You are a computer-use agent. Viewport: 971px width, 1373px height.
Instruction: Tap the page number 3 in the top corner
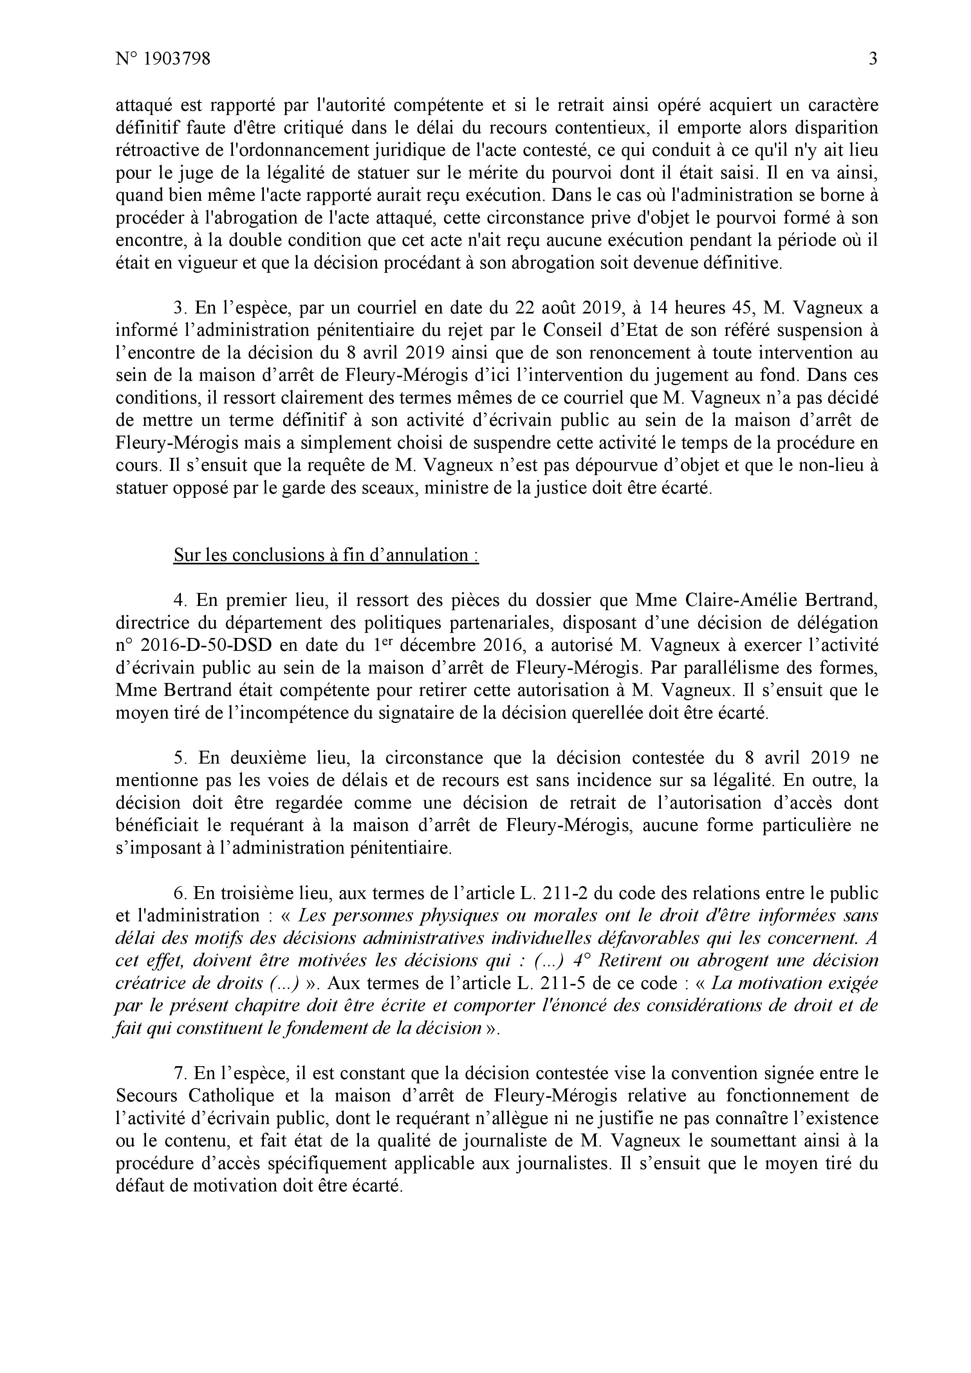872,59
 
